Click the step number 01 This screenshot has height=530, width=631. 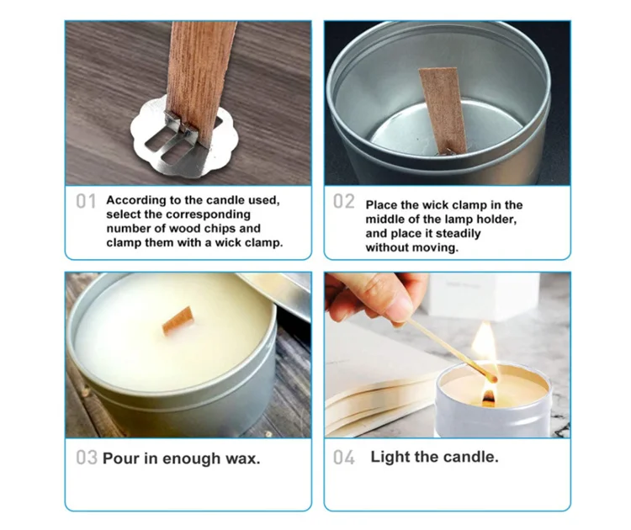click(86, 202)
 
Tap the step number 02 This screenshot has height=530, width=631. click(344, 202)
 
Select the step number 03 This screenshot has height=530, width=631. click(86, 458)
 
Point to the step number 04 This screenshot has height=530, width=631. click(343, 458)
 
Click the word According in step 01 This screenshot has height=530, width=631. click(135, 201)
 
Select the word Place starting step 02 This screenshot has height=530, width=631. click(381, 205)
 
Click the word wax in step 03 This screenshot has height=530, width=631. click(239, 458)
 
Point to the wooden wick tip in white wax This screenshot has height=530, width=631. click(178, 320)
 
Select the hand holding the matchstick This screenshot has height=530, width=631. click(370, 294)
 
